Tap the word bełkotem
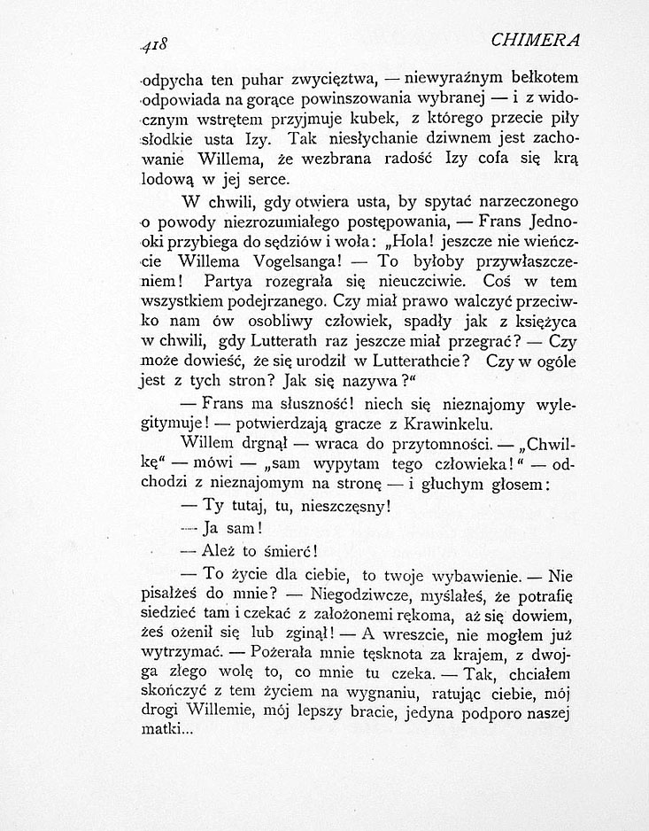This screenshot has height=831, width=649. pos(539,72)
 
